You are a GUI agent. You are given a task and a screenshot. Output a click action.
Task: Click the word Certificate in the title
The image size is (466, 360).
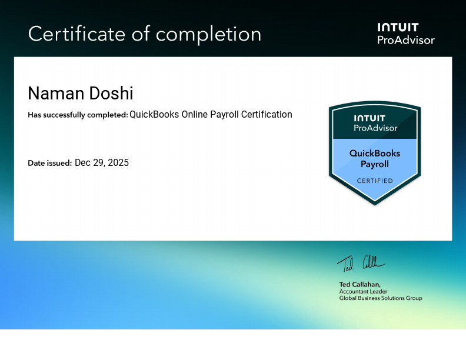tap(76, 34)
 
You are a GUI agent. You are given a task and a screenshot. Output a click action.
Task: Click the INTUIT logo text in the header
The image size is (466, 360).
tap(398, 27)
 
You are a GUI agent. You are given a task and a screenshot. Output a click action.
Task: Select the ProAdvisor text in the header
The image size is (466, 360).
tap(405, 40)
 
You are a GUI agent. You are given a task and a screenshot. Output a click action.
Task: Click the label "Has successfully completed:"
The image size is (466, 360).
tap(78, 115)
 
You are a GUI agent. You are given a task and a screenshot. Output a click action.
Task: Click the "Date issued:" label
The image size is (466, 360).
tap(50, 163)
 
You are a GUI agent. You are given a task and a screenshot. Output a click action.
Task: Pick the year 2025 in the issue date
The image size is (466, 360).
tap(118, 162)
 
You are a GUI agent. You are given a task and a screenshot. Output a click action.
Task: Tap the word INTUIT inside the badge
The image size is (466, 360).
tap(375, 119)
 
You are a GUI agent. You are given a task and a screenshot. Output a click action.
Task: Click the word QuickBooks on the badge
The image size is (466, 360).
tap(375, 153)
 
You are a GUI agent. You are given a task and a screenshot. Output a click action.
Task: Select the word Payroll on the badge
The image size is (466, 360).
tap(375, 164)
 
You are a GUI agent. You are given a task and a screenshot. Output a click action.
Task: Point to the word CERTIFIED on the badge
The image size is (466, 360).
tap(375, 181)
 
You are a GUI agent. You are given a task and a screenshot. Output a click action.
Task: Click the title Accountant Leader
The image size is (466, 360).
tap(364, 291)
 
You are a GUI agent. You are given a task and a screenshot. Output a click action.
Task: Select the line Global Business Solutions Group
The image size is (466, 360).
tap(381, 298)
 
